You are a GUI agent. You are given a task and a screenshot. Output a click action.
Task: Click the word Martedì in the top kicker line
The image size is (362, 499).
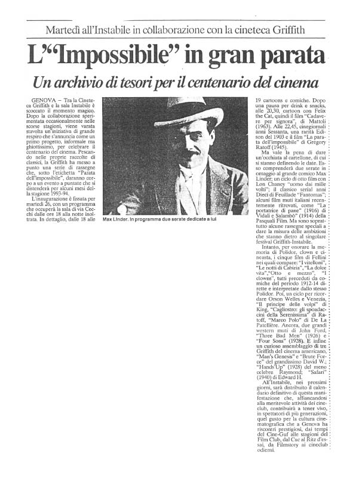click(65, 30)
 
